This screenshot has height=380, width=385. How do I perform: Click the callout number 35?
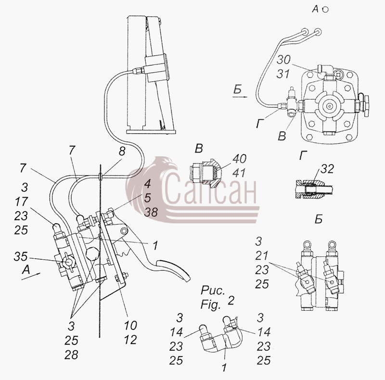(x=20, y=257)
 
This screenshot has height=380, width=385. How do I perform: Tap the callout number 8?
(x=122, y=151)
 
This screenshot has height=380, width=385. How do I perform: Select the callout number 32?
(x=327, y=169)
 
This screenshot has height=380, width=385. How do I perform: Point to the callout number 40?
(x=239, y=159)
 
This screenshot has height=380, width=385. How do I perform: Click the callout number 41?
(x=239, y=173)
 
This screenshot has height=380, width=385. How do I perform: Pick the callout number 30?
(x=283, y=60)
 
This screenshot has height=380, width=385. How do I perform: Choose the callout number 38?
(x=151, y=212)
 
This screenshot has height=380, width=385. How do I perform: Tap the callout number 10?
(x=130, y=326)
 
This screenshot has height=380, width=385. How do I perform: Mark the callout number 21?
(x=261, y=256)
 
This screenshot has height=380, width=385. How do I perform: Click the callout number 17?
(x=21, y=202)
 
